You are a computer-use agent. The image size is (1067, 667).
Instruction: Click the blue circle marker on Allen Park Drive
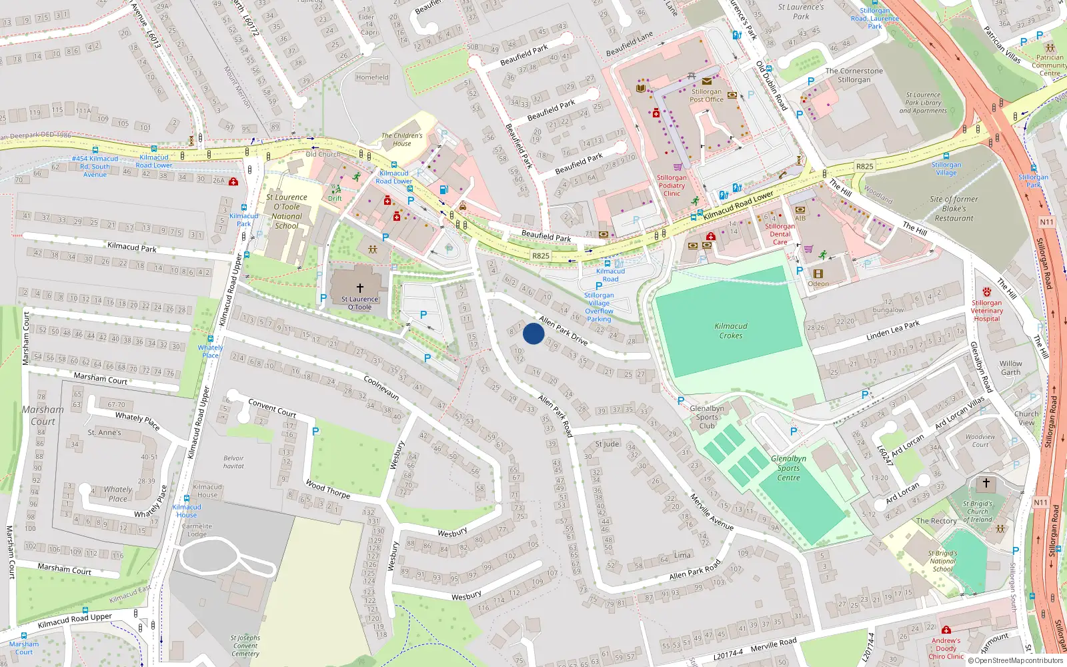coord(533,333)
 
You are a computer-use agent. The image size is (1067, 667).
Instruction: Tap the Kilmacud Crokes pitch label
coord(731,331)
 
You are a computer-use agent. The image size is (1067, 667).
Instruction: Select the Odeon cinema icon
coord(818,273)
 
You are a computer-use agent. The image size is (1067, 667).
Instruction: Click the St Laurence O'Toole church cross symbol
coord(360,288)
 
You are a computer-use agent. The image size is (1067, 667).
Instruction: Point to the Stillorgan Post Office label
coord(706,95)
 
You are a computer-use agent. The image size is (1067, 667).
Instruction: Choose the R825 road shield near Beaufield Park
coord(541,255)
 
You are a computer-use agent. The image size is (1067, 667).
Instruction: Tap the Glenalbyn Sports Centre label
coord(788,468)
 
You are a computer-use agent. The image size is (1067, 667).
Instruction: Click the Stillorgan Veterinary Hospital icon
coord(986,292)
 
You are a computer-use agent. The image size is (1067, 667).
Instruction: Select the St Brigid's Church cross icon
coord(986,483)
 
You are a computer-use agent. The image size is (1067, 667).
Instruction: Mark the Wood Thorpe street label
coord(327,489)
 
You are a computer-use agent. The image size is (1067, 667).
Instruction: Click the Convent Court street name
coord(272,408)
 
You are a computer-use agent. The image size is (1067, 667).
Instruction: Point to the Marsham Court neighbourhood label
coord(43,415)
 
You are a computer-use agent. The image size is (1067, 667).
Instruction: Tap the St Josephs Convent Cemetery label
coord(245,646)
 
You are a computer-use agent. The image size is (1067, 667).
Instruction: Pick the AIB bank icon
coord(800,209)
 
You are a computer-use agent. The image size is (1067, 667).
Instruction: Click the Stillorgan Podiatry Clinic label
coord(672,185)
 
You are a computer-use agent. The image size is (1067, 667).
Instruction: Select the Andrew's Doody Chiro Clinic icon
coord(946,630)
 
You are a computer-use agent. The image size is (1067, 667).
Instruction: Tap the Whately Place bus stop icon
coord(211,338)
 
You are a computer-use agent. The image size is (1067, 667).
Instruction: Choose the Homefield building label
coord(372,77)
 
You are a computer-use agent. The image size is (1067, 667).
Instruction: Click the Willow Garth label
coord(1010,368)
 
